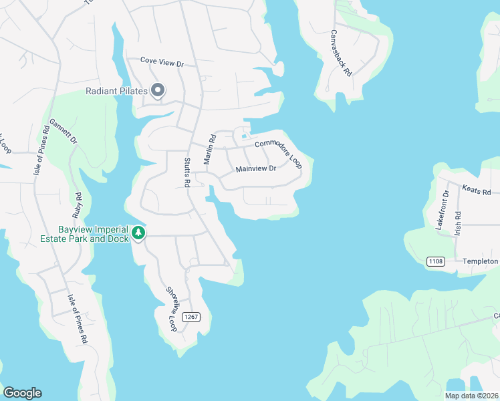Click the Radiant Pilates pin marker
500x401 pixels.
(158, 90)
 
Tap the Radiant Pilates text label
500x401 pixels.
(117, 92)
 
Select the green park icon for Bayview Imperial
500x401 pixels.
(138, 233)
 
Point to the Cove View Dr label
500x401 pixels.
(162, 61)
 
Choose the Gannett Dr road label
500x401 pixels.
(64, 132)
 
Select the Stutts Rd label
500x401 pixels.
(188, 172)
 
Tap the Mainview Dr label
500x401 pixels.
(256, 169)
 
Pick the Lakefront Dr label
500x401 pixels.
(443, 211)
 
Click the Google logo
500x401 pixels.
(22, 393)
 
